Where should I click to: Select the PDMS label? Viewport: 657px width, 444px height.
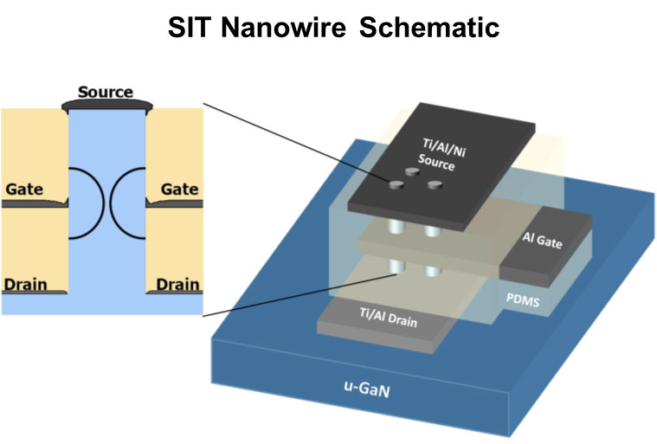pyautogui.click(x=525, y=297)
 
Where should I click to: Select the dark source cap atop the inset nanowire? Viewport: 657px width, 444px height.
pyautogui.click(x=106, y=104)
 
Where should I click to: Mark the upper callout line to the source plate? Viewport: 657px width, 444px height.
pyautogui.click(x=294, y=143)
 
